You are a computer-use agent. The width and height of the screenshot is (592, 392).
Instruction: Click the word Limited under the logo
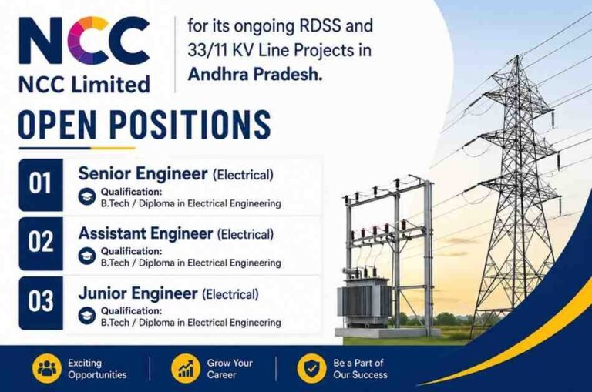[110, 84]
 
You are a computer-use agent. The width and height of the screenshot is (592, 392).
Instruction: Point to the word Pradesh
[288, 74]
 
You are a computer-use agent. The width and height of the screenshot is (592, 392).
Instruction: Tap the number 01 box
[41, 185]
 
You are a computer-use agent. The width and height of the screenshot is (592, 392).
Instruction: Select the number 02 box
[41, 243]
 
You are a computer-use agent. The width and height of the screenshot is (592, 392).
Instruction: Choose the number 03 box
[41, 303]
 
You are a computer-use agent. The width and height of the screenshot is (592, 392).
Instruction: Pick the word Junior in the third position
[102, 293]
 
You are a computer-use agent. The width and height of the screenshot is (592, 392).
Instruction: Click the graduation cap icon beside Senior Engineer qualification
[87, 196]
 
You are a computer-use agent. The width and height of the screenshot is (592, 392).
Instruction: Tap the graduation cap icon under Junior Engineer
[87, 316]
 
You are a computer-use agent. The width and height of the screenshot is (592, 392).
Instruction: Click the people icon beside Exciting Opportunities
[47, 369]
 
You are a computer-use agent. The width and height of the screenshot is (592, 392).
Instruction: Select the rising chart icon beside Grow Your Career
[185, 369]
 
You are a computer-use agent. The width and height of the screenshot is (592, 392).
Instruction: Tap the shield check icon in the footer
[311, 369]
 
